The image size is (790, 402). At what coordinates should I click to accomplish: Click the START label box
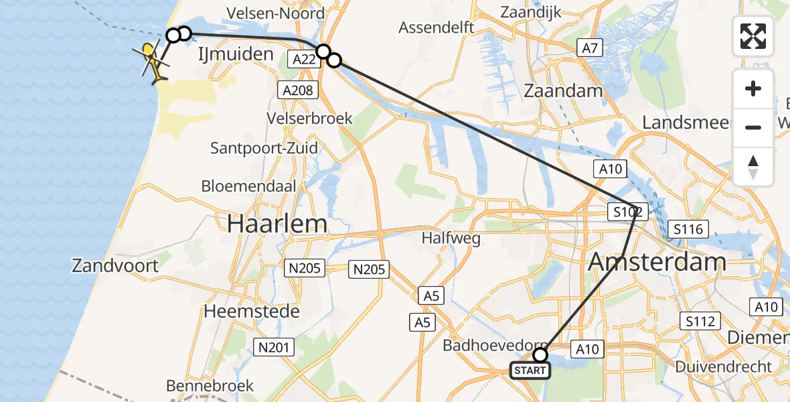point(530,370)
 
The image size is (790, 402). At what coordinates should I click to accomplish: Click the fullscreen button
point(753,36)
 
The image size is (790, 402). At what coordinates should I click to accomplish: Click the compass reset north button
point(753,167)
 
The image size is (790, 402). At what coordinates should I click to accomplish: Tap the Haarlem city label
point(276,224)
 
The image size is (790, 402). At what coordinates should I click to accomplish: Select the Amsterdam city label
point(657,261)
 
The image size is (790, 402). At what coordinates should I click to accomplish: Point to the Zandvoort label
point(115,266)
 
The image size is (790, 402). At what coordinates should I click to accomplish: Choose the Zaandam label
point(563,91)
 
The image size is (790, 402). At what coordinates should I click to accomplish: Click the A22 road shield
point(305,60)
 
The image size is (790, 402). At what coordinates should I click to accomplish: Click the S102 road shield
point(627,213)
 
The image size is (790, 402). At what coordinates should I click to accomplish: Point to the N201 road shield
point(274,346)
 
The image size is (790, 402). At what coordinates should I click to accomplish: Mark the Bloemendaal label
point(248,186)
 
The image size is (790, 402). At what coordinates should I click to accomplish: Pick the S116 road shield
point(688,229)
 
